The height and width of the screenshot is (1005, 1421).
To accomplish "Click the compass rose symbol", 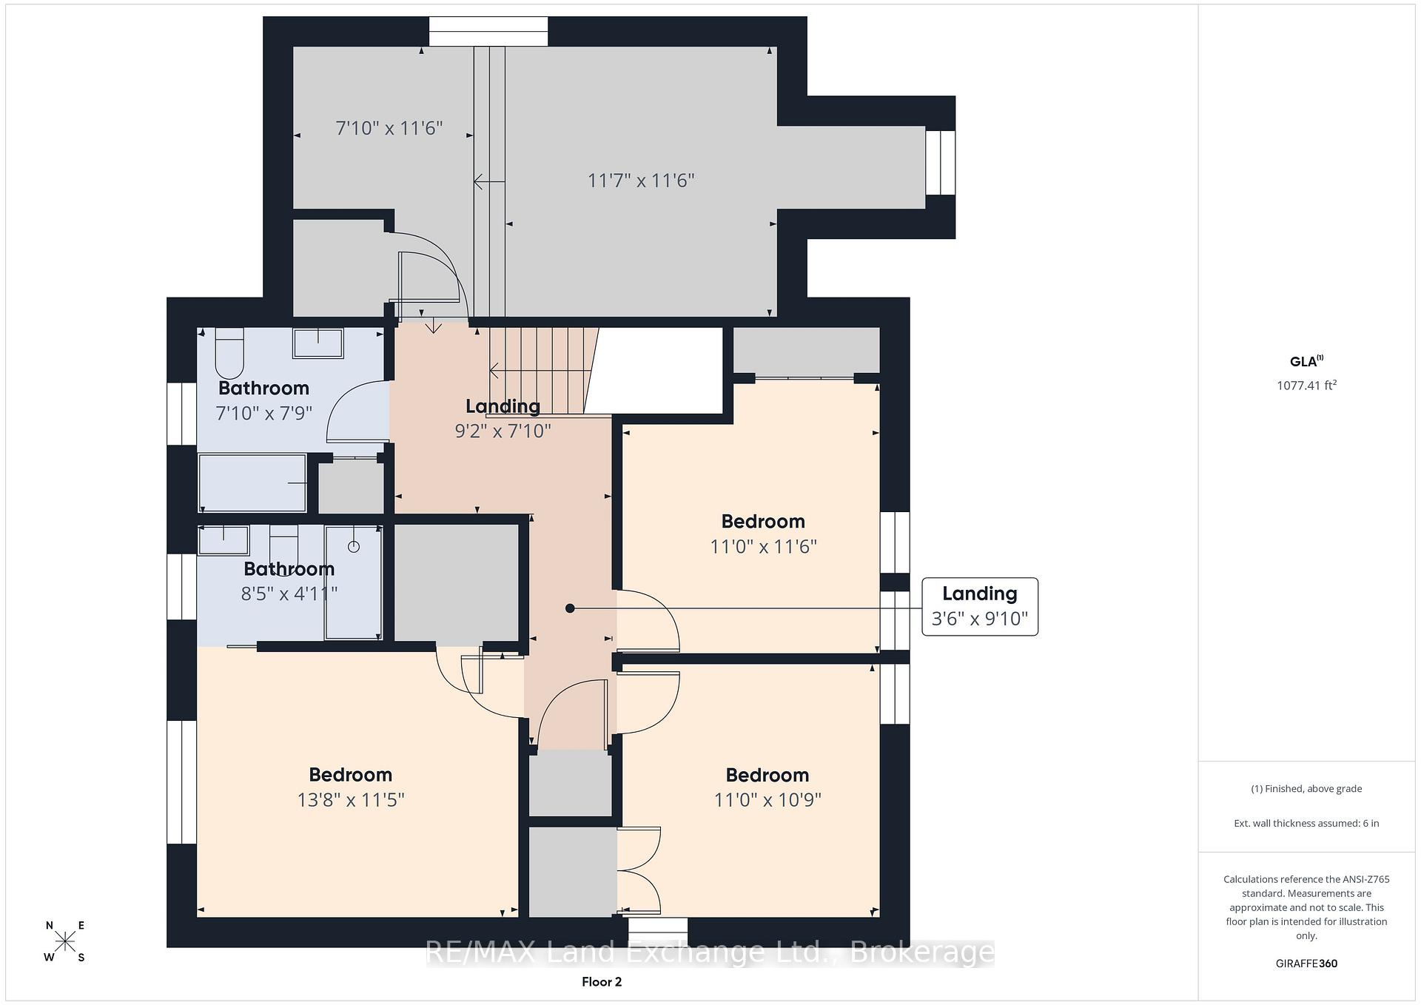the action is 65,941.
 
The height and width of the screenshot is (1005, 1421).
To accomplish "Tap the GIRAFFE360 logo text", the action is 1306,964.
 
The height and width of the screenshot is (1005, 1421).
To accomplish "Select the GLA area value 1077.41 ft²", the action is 1306,385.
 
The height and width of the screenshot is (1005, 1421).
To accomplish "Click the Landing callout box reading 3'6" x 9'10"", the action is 980,606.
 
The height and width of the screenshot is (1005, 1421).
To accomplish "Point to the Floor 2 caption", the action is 602,982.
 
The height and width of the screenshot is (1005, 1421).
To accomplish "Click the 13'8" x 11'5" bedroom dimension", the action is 351,800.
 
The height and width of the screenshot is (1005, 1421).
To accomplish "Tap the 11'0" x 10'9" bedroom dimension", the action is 767,800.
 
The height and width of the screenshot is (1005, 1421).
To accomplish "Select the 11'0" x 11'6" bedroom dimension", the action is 763,546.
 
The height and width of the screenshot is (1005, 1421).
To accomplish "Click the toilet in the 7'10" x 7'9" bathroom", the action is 229,353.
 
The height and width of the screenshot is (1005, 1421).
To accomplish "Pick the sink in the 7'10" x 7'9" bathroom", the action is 318,343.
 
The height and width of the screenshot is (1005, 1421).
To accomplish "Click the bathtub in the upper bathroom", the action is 252,483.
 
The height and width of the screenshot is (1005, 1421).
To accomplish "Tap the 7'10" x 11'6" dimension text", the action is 389,128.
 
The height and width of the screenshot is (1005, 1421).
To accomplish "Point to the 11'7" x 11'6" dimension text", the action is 641,181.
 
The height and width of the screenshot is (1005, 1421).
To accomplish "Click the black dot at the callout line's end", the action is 570,608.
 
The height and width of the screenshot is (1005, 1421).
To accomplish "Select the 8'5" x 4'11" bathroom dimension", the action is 289,594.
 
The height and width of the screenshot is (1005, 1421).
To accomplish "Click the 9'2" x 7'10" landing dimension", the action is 503,431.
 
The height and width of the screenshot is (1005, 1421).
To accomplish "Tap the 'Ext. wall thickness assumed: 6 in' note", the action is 1306,823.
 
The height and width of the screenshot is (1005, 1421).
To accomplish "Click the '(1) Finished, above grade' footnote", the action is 1306,789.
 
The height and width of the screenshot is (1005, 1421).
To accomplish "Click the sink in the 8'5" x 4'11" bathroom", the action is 224,540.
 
